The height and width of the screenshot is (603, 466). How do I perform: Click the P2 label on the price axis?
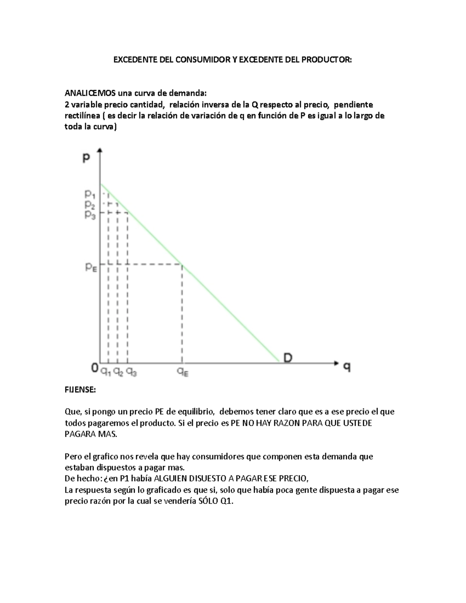[90, 204]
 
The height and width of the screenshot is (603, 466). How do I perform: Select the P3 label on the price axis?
[90, 214]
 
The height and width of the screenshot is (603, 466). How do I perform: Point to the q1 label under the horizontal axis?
[106, 372]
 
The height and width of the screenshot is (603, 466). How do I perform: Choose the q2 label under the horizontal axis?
[118, 372]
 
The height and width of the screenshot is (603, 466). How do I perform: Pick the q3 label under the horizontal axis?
[131, 372]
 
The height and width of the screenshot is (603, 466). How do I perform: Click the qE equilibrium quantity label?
[183, 372]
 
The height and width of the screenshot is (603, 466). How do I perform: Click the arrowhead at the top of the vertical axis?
[101, 150]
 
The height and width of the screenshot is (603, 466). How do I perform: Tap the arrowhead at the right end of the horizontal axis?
[336, 363]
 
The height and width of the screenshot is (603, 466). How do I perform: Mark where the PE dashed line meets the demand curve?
[182, 264]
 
